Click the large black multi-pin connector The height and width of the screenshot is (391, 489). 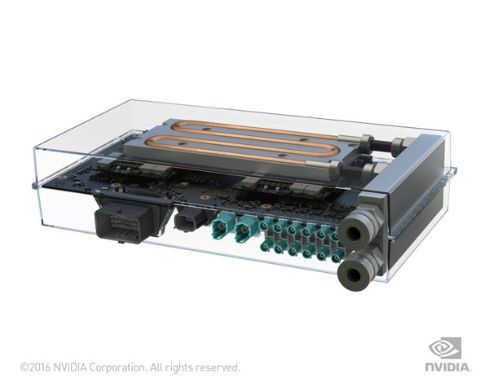[x=123, y=219]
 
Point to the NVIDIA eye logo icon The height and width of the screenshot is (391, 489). [x=446, y=348]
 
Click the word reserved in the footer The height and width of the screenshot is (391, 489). [x=218, y=367]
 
